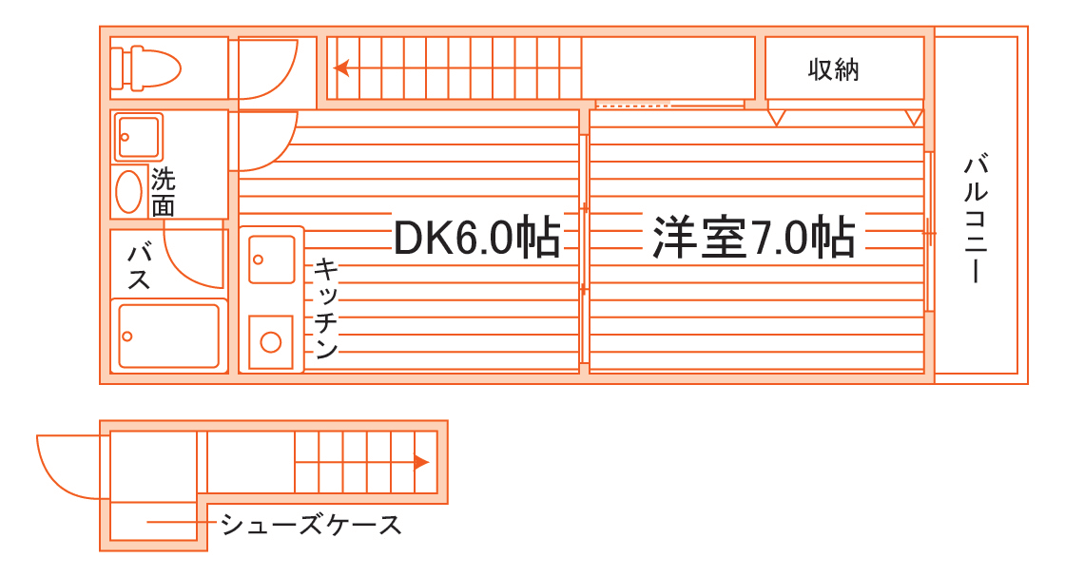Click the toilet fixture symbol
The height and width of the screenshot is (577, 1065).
tap(147, 67)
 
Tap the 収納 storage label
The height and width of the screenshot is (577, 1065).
tap(834, 69)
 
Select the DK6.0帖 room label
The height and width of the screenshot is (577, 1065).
tap(476, 238)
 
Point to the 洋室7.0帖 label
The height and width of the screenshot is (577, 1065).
tap(753, 238)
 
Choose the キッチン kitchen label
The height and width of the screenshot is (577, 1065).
tap(324, 309)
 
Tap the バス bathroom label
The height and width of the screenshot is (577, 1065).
tap(141, 267)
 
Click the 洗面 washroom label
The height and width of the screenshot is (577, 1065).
tap(164, 192)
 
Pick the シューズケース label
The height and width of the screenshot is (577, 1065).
tap(310, 524)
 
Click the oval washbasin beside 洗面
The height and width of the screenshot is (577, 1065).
tap(128, 191)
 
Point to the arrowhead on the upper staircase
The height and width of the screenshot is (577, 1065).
tap(340, 67)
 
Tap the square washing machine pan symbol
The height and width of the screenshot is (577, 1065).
tap(139, 137)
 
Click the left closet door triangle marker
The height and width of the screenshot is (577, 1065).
tap(777, 117)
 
